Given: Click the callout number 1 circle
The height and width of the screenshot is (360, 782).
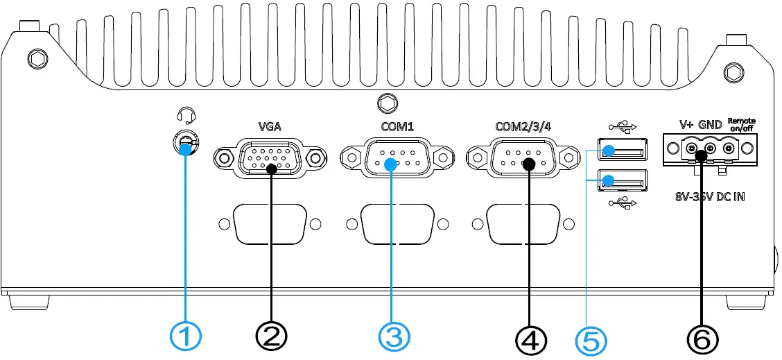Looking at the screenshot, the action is (186, 338).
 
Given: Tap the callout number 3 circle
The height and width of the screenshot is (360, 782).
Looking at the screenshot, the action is (394, 338).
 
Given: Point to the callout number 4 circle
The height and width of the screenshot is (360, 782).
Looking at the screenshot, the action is (530, 338).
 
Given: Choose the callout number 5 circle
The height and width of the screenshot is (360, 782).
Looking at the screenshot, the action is (591, 340).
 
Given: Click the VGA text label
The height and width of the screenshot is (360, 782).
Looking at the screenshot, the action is (269, 127).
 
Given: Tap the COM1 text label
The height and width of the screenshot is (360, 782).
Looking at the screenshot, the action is (397, 127).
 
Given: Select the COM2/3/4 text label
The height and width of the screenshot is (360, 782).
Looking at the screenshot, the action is (523, 126).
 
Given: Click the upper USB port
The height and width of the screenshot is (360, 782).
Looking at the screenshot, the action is (622, 151).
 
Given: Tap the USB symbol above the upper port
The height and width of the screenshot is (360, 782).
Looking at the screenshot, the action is (623, 128).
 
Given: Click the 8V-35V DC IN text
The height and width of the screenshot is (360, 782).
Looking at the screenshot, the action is (710, 197).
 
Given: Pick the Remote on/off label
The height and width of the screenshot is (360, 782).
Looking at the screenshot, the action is (742, 124).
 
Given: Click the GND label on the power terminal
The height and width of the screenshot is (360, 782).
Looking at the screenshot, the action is (710, 125).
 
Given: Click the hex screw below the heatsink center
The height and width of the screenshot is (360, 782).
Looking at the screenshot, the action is (387, 103).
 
